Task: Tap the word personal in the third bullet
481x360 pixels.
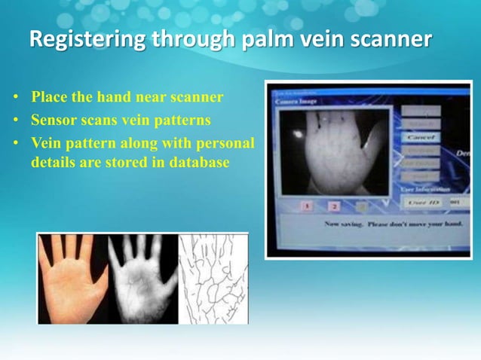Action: (x=226, y=142)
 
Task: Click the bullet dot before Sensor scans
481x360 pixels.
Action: (x=15, y=121)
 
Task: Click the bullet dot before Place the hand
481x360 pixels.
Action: (x=15, y=99)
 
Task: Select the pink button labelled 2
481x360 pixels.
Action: (x=335, y=206)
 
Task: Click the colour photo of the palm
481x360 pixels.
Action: (x=71, y=279)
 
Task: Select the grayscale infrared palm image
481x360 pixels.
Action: (x=142, y=279)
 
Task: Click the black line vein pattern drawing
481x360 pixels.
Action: (x=213, y=279)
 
